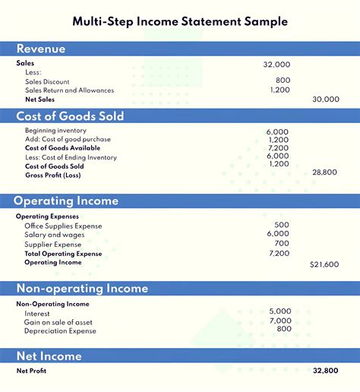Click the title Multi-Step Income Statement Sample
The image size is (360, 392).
pos(180,21)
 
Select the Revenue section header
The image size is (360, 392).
pos(41,49)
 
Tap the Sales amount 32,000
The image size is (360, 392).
pos(276,65)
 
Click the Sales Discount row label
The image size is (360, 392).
pos(47,81)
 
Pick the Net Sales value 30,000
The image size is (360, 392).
pos(326,100)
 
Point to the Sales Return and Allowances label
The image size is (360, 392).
pos(69,90)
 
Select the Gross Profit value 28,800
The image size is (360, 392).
pos(324,172)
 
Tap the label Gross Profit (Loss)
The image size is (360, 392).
pos(52,175)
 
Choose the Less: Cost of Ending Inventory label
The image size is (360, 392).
pos(71,157)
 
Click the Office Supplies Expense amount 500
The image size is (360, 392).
pos(282,225)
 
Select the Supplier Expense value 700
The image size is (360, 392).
pos(282,244)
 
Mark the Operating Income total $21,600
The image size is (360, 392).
pos(324,264)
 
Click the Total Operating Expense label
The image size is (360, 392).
pos(63,254)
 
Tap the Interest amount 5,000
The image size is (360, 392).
pos(279,311)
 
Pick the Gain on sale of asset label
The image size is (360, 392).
pos(58,322)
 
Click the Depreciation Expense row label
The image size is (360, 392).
pos(60,331)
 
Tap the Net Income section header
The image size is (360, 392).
pos(49,356)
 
